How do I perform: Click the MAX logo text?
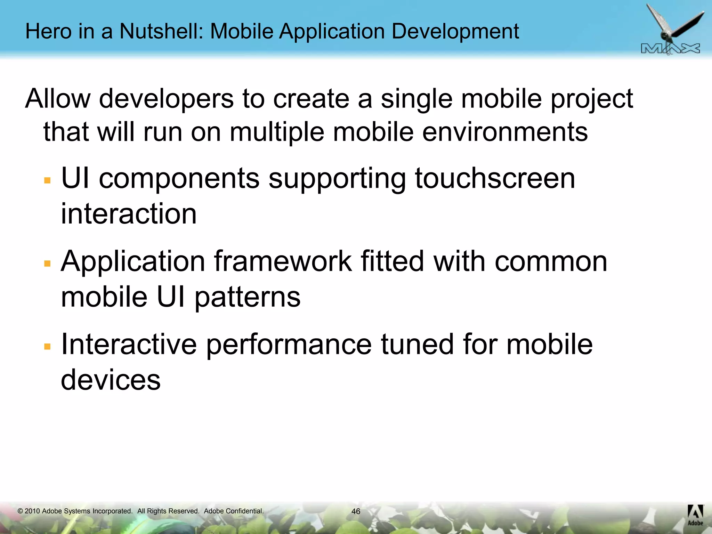pos(670,49)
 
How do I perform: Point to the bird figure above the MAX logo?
pos(669,24)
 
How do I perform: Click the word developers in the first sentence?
pos(166,99)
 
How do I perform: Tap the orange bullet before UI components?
pos(48,180)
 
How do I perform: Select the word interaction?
pos(129,214)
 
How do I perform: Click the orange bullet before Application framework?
pos(48,264)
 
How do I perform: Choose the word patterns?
pos(247,298)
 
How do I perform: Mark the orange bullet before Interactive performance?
pos(48,347)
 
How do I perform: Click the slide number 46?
pos(356,511)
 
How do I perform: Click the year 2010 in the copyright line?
pos(32,511)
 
